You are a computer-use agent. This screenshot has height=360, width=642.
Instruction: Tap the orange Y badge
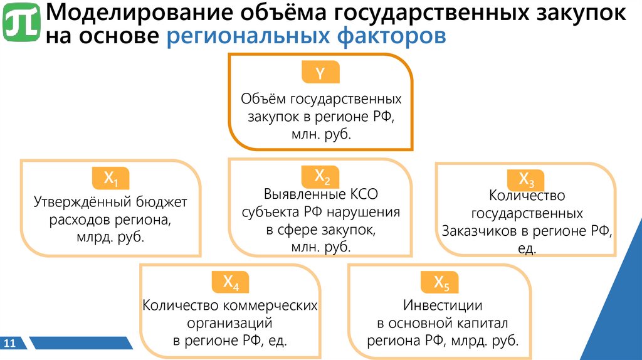(320, 73)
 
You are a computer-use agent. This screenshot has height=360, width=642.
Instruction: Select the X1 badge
(111, 179)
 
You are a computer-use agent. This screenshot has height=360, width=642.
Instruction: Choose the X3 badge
(526, 181)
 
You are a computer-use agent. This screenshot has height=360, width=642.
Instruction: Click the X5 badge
(442, 283)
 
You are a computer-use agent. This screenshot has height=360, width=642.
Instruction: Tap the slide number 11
(9, 343)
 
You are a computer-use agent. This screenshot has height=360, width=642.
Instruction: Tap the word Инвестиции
(443, 306)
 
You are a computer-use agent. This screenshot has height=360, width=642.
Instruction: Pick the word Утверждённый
(75, 203)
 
